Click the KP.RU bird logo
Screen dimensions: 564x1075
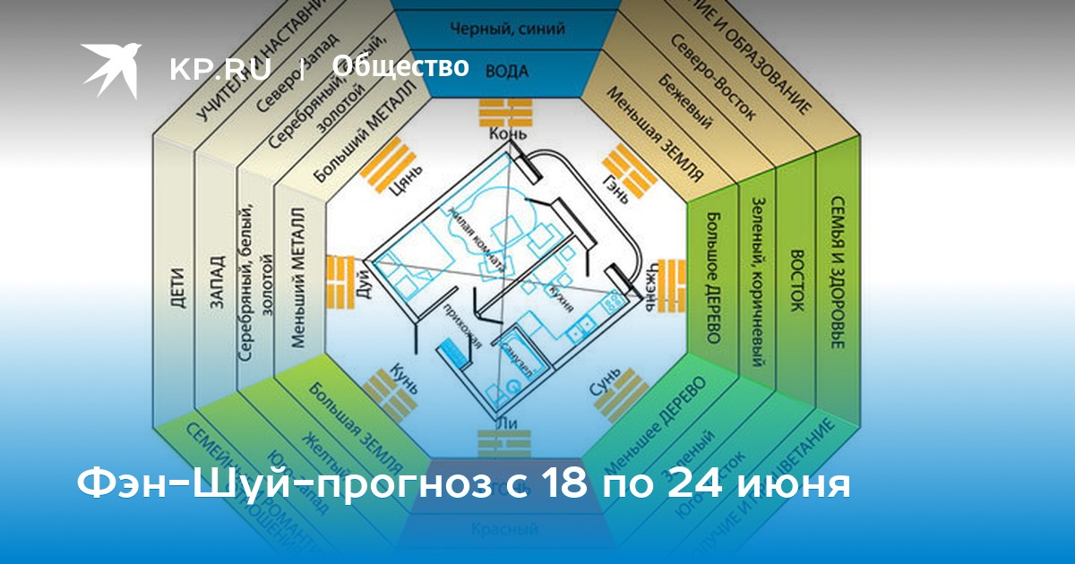(x=111, y=69)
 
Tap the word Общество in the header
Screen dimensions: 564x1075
(x=400, y=66)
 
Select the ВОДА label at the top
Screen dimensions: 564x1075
(x=506, y=71)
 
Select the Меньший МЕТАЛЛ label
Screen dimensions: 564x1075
(x=300, y=278)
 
